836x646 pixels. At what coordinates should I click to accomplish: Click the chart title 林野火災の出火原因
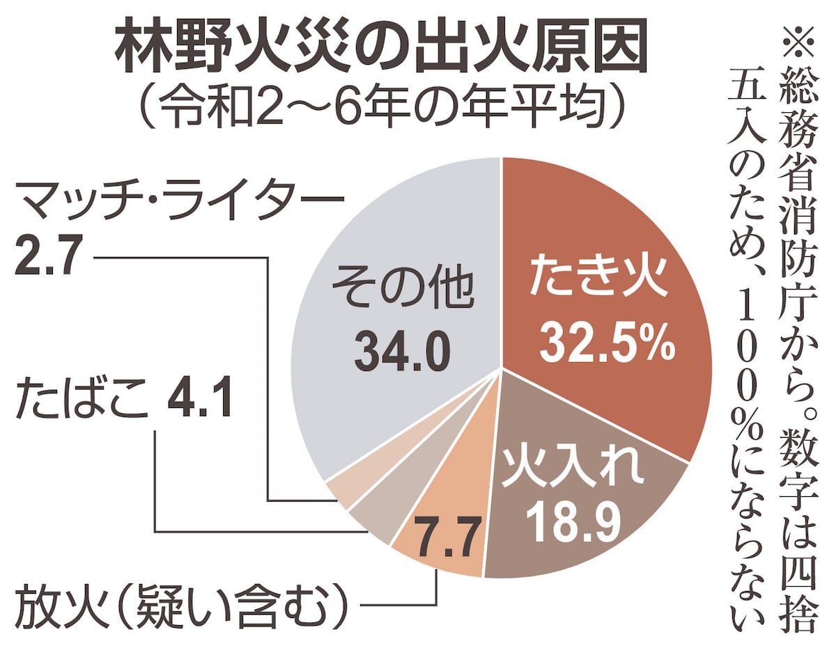376,51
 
